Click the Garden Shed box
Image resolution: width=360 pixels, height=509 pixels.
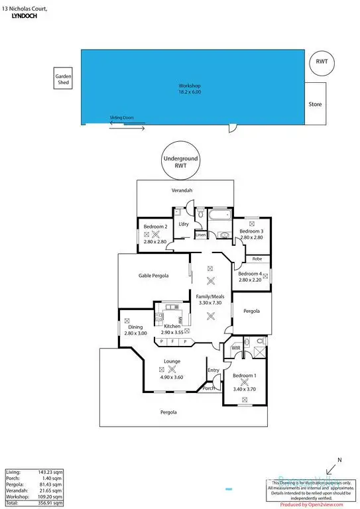(x=64, y=80)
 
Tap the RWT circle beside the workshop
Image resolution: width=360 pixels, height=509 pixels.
(x=323, y=62)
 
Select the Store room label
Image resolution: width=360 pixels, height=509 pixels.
(x=315, y=105)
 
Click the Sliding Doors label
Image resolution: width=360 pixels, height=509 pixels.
(x=122, y=118)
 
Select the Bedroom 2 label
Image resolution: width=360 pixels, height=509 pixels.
(x=154, y=227)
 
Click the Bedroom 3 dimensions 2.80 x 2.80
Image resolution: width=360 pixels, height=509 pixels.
(x=252, y=237)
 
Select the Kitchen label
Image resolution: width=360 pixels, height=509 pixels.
(x=172, y=326)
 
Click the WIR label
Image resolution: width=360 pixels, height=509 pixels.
(x=235, y=347)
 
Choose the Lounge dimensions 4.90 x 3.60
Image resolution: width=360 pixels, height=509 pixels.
(x=171, y=377)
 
